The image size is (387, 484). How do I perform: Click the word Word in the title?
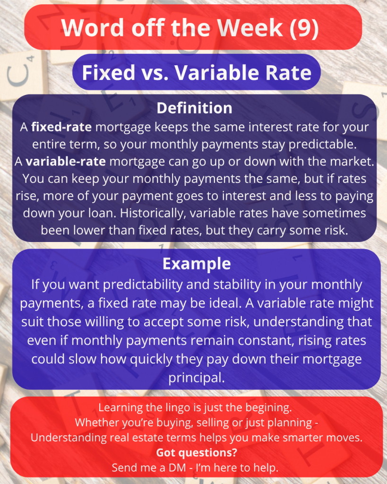coord(92,28)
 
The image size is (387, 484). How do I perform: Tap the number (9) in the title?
coord(304,28)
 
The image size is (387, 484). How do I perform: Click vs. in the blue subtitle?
coord(155,73)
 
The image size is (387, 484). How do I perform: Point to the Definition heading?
coord(194,108)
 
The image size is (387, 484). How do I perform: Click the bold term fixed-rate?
coord(61,127)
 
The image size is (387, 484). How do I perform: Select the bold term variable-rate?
coord(66,162)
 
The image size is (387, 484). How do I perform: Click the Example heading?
coord(197,264)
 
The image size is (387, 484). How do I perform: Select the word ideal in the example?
coord(225,303)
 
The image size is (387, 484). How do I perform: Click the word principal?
coord(197,378)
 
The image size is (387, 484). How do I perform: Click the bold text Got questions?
coord(197,452)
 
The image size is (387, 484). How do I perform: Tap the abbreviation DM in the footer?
coord(177,467)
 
